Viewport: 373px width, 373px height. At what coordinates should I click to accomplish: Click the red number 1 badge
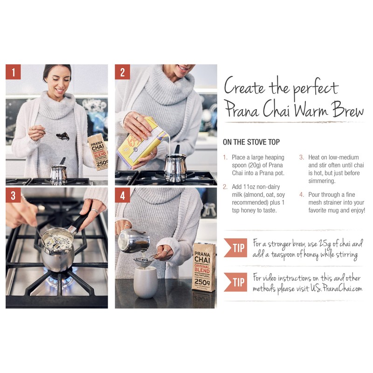pos(14,72)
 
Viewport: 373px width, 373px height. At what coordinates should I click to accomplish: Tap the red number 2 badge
pos(123,72)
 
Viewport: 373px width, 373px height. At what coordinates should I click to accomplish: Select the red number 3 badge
pos(14,195)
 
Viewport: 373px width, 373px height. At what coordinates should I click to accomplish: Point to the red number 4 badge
pos(123,195)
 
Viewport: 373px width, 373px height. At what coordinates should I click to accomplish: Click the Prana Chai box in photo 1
pos(98,152)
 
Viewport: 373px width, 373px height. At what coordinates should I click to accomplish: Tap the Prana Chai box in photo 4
pos(204,266)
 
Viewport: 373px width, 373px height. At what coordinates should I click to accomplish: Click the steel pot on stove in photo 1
pos(59,174)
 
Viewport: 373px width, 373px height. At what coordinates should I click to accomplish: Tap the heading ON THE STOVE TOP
pos(251,142)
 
